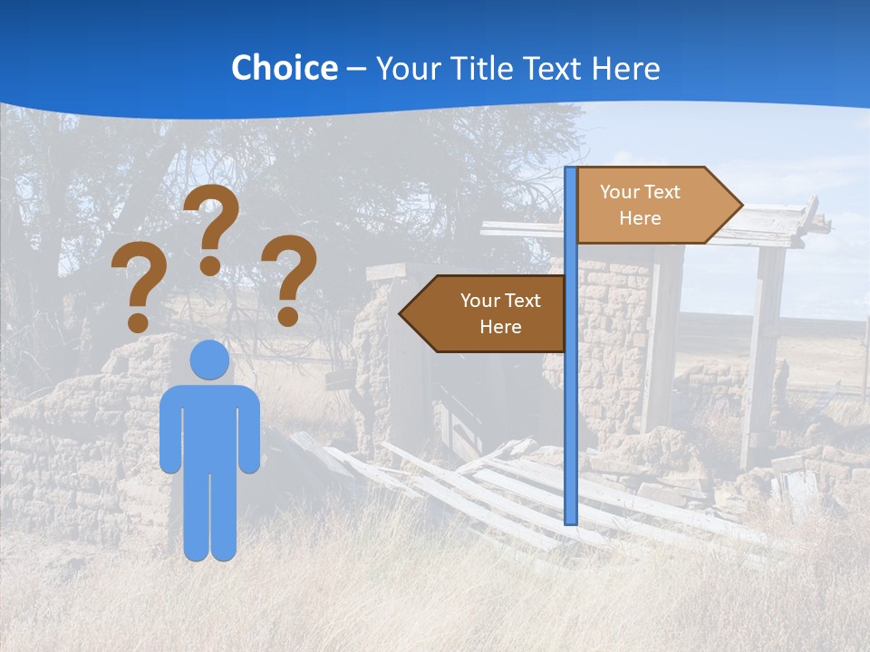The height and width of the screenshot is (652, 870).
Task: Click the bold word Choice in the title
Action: pos(284,68)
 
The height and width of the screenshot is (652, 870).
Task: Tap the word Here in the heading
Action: pos(625,68)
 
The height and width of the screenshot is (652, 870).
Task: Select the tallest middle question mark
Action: pos(214,217)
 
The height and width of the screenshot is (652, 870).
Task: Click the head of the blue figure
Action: pos(209,360)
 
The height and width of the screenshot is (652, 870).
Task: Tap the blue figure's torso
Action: pos(209,426)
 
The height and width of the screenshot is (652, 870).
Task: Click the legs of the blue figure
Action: pos(209,516)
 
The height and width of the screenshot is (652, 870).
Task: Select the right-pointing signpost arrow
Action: pos(652,206)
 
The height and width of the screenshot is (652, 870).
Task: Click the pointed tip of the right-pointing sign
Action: pos(739,206)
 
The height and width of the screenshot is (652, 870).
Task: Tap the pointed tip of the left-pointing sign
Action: pos(403,314)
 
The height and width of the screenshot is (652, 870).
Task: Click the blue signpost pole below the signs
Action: pos(571,435)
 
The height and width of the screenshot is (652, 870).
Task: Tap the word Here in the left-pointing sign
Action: pos(500,327)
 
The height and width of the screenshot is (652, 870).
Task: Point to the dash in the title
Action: pos(356,70)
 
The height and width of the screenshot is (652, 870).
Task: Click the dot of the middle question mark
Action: pos(210,265)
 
